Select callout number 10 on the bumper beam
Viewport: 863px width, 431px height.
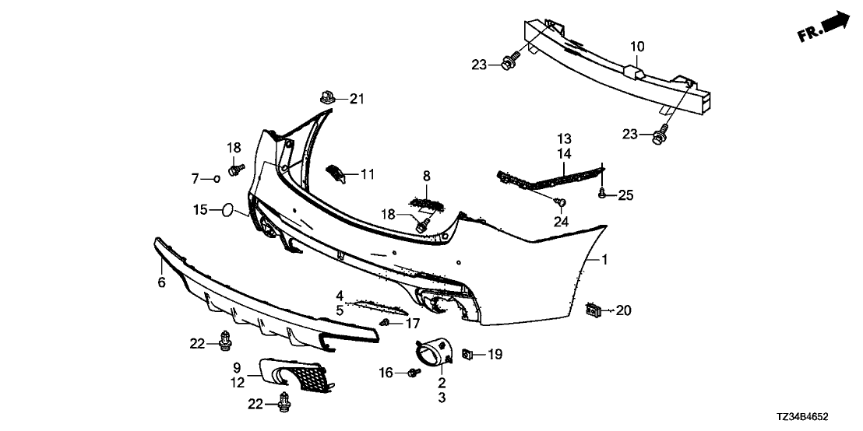[637, 47]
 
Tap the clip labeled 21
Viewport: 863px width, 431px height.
[328, 99]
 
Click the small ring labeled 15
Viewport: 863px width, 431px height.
[227, 209]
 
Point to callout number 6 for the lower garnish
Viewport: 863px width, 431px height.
[161, 282]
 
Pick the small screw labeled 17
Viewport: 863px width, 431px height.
[386, 322]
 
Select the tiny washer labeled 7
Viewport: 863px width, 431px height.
[215, 179]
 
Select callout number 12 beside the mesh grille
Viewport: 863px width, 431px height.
[238, 381]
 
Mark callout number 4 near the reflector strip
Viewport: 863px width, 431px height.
[340, 295]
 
